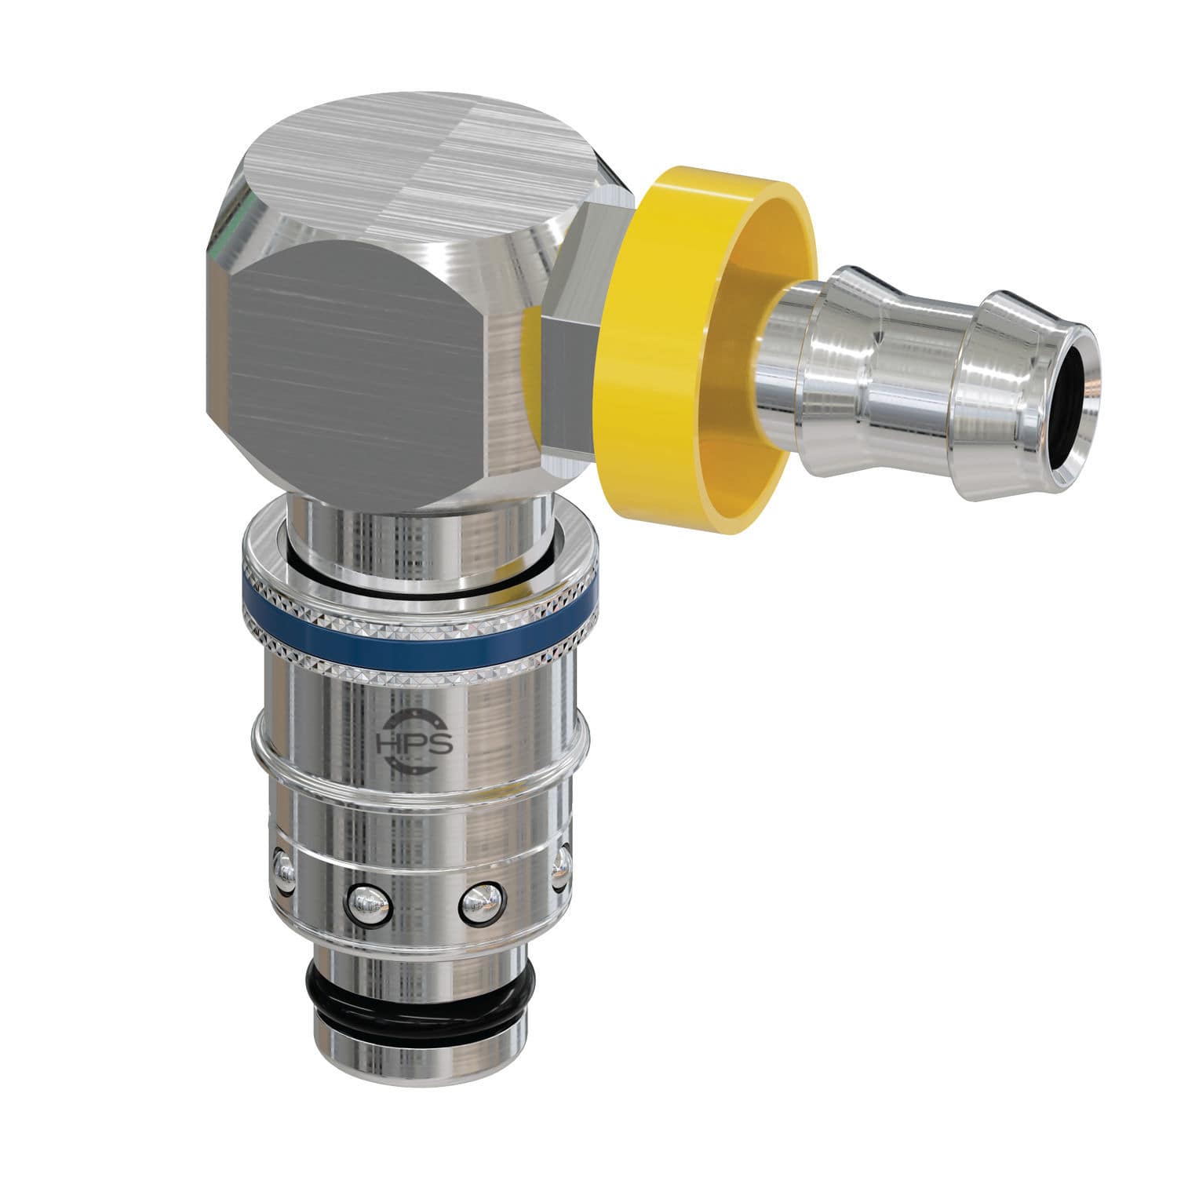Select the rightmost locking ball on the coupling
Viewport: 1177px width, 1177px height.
pos(560,867)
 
